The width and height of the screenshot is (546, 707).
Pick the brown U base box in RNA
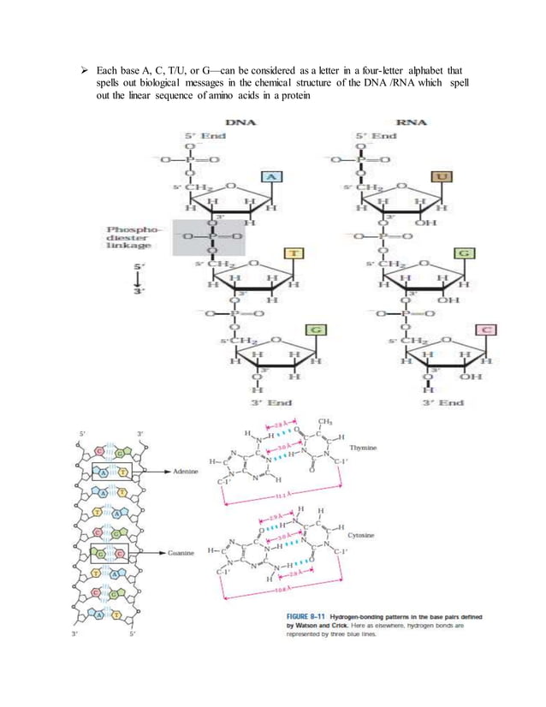click(x=445, y=177)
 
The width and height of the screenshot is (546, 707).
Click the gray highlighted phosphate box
click(x=209, y=236)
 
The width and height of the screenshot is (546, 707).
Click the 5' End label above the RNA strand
click(x=377, y=136)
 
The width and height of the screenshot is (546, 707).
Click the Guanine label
click(x=181, y=554)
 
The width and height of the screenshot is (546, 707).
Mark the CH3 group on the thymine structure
click(x=324, y=421)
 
